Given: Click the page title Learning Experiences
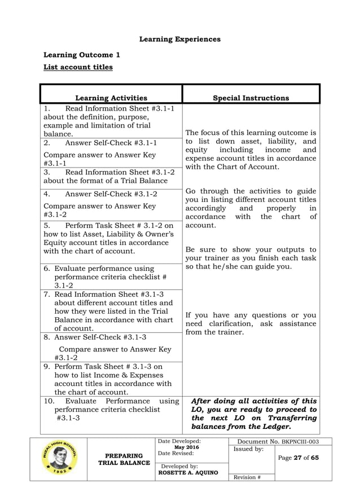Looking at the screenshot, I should click(179, 39).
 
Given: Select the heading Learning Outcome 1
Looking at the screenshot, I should click(82, 55).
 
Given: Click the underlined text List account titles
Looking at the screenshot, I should click(78, 67).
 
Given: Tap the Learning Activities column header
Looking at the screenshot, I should click(111, 98).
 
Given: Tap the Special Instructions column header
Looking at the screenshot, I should click(251, 98).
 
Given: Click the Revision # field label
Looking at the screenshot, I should click(247, 477).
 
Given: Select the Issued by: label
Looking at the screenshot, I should click(248, 449).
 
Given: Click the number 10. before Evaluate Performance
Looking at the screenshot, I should click(50, 401).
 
